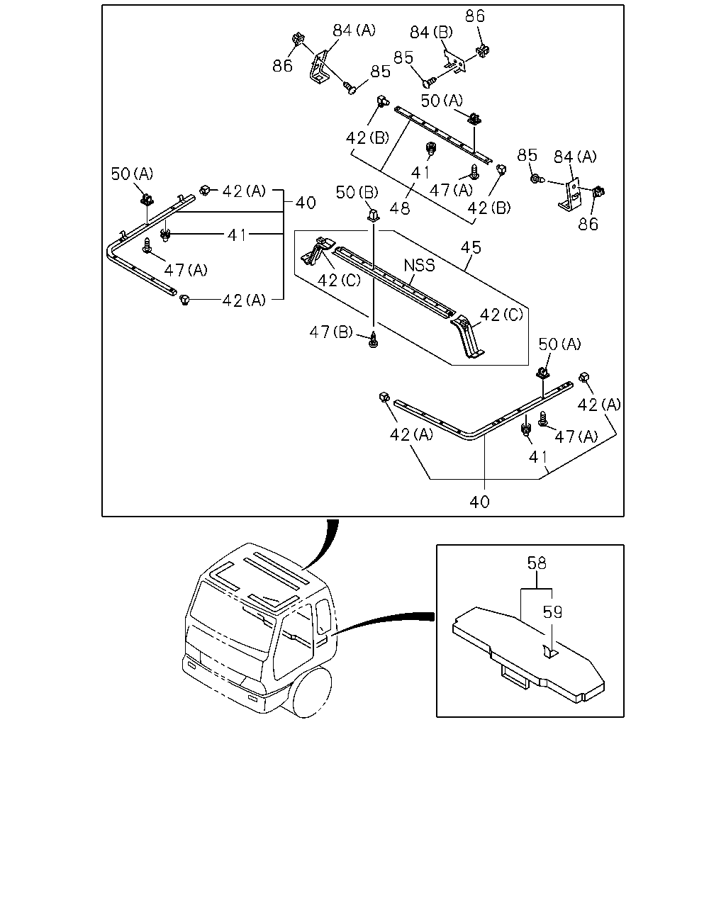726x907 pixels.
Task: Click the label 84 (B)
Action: [x=431, y=33]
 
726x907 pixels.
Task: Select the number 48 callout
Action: [x=399, y=208]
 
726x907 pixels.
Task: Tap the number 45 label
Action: [x=471, y=248]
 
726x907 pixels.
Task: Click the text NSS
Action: [x=419, y=266]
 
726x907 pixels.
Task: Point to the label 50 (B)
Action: [x=357, y=193]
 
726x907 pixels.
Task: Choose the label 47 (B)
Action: [x=330, y=332]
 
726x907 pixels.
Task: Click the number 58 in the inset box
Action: [x=537, y=563]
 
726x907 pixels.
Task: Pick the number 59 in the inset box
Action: [x=552, y=612]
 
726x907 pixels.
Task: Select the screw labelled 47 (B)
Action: [x=373, y=339]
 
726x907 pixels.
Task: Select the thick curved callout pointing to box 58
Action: [x=384, y=621]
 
